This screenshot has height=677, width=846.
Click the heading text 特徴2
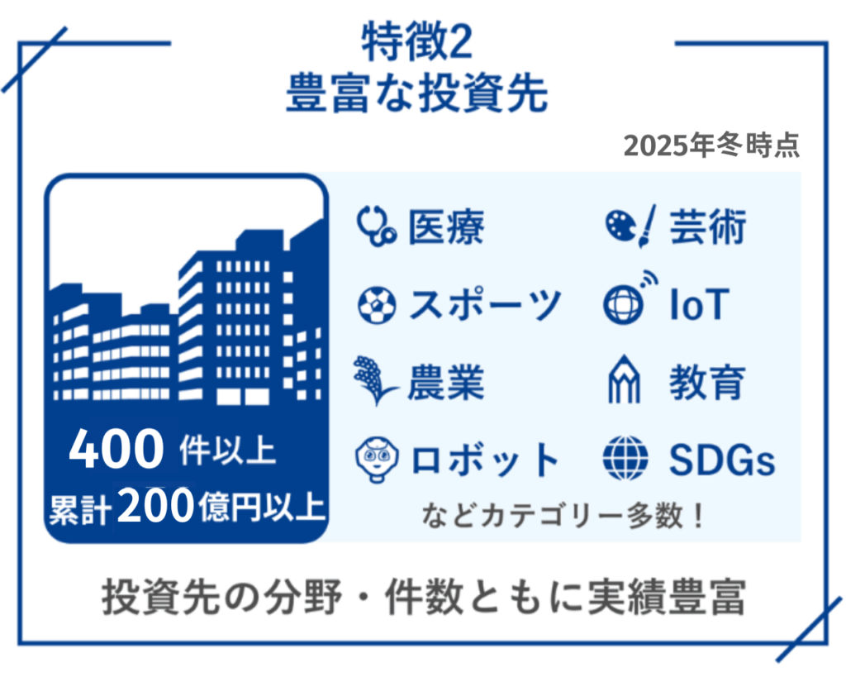click(417, 41)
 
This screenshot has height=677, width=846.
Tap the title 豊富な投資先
click(417, 93)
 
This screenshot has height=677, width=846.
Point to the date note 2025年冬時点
click(711, 145)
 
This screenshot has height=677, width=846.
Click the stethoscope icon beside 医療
click(377, 226)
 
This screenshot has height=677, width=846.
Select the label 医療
click(446, 226)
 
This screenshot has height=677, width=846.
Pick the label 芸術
click(708, 226)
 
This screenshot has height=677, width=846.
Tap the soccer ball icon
click(377, 305)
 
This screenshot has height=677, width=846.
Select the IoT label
click(700, 305)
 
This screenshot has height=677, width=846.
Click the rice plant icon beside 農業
click(376, 380)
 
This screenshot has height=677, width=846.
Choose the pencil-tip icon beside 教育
click(625, 379)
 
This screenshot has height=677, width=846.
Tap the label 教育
click(708, 382)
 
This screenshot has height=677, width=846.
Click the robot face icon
click(377, 460)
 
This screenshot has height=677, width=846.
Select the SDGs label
click(722, 460)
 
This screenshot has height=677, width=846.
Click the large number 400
click(116, 449)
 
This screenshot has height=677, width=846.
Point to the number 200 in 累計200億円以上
click(155, 506)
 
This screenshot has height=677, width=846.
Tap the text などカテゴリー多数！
click(563, 516)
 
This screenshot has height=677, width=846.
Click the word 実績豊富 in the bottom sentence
click(667, 597)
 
